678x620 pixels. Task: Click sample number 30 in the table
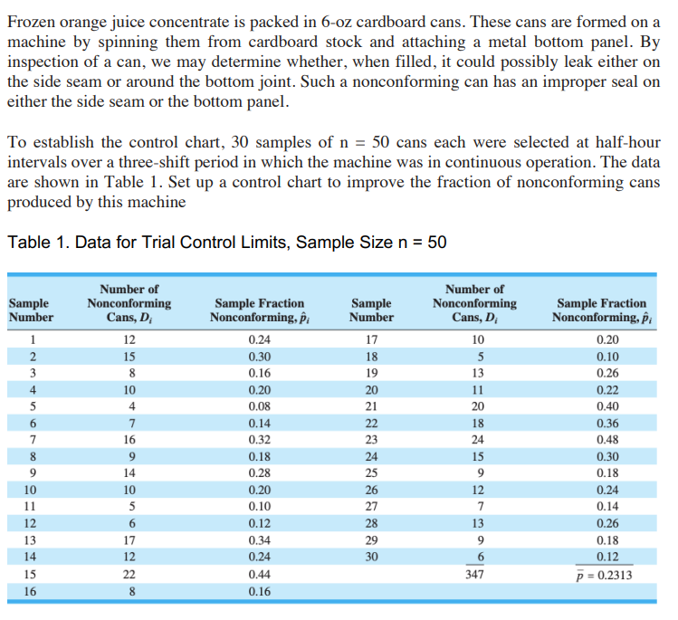[371, 558]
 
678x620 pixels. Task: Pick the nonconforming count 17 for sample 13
[129, 540]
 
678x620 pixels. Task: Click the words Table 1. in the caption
[34, 243]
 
